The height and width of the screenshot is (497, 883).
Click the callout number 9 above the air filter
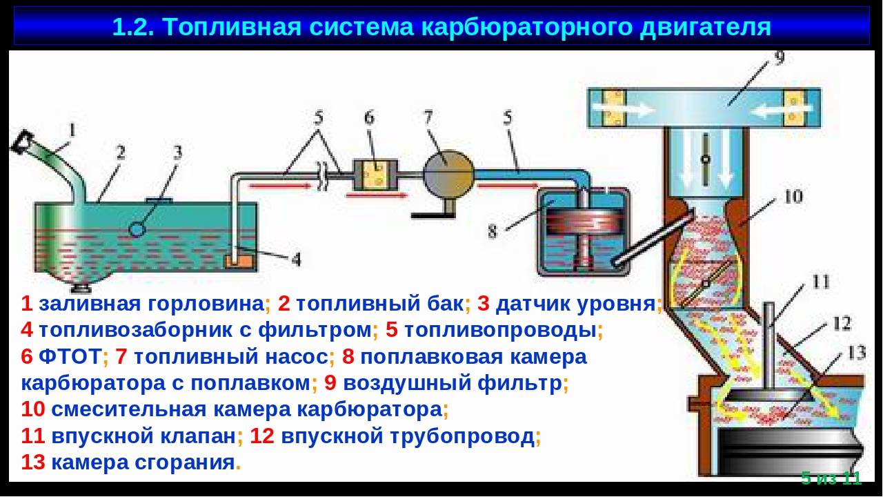coord(780,57)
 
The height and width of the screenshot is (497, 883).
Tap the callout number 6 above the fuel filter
coord(369,117)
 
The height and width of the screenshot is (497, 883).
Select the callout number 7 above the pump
coord(428,117)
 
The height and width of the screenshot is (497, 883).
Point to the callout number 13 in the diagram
coord(856,353)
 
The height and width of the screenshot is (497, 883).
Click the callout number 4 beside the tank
coord(296,259)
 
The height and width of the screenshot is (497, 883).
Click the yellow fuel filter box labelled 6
coord(375,175)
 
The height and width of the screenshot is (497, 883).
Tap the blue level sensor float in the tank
coord(137,228)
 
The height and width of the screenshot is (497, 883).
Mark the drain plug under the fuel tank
coord(82,288)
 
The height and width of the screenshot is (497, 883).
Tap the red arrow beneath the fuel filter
coord(377,195)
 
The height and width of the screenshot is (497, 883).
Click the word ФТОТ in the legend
coord(70,357)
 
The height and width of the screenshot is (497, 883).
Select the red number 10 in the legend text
coord(33,409)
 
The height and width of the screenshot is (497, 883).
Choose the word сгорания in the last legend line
coord(185,462)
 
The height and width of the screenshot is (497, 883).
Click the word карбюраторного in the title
coord(526,28)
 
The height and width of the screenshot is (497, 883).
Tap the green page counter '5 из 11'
coord(831,478)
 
